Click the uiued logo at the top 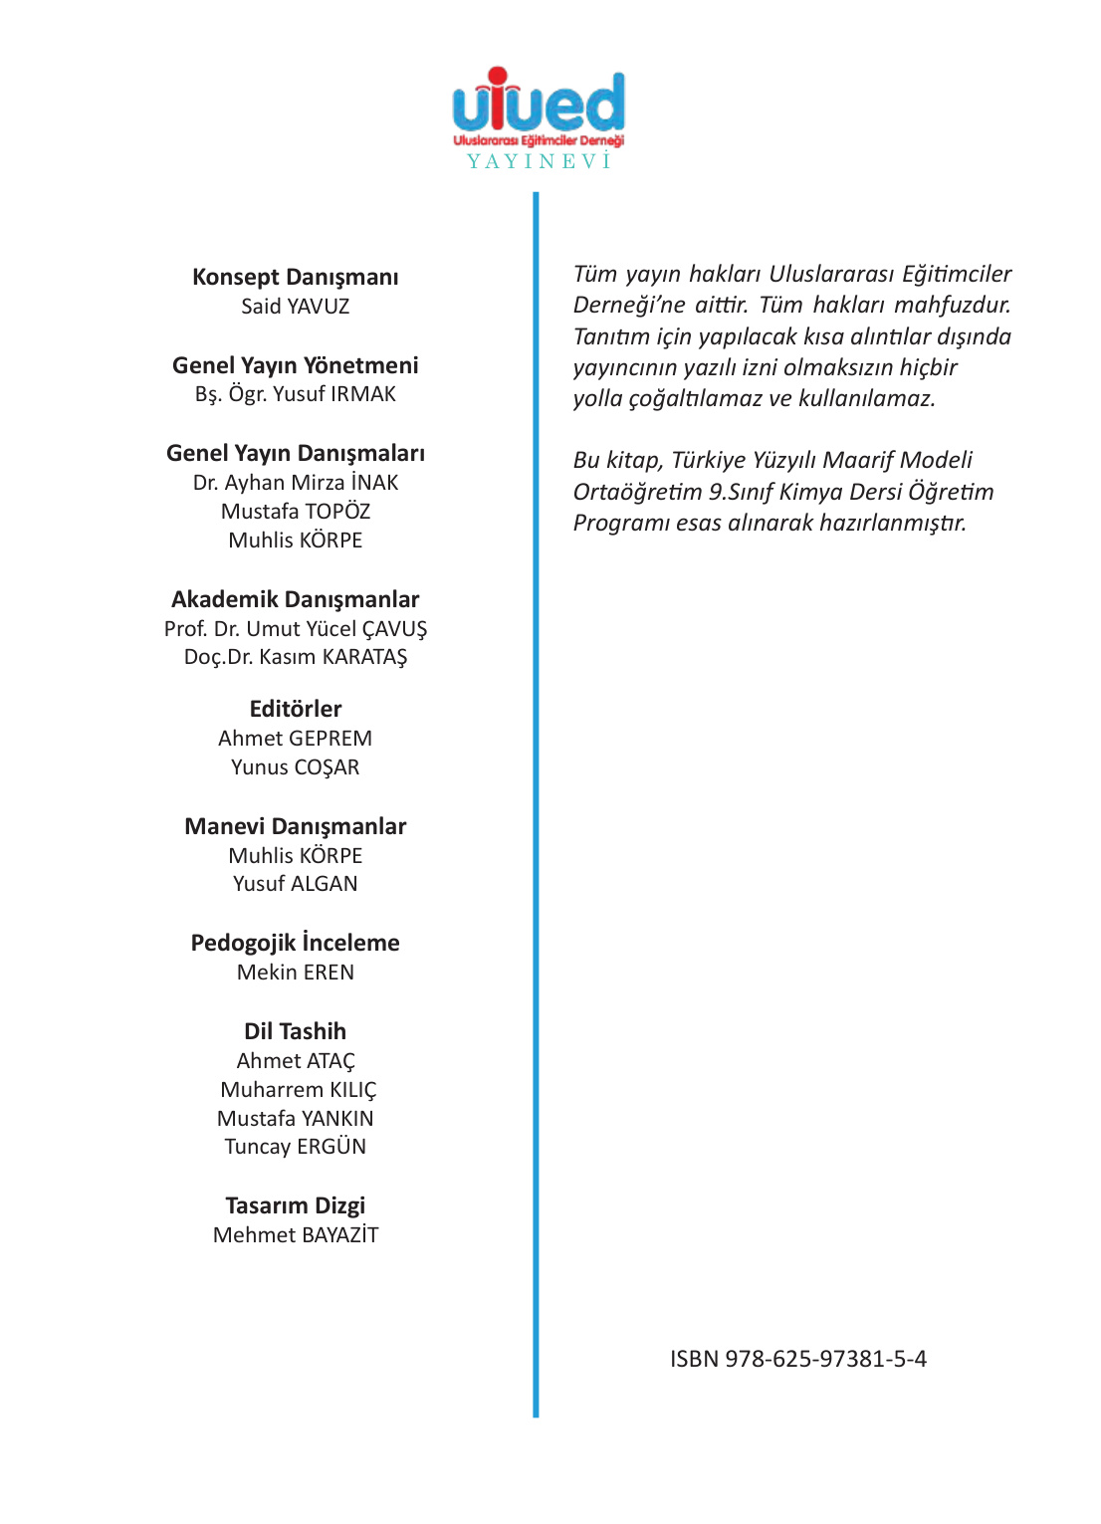click(x=539, y=104)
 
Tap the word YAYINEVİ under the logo click(x=539, y=161)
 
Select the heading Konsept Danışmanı click(x=296, y=277)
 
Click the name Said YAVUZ click(x=296, y=307)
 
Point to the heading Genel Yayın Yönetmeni click(x=296, y=365)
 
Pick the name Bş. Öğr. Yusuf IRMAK click(x=296, y=394)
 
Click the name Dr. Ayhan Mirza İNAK click(x=296, y=483)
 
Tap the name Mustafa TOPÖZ click(x=296, y=512)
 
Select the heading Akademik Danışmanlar click(x=296, y=599)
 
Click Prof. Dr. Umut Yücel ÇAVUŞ click(x=296, y=629)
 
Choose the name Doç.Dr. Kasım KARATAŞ click(x=296, y=657)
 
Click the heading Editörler click(x=296, y=709)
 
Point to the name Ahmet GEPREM click(x=296, y=739)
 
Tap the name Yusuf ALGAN click(x=296, y=884)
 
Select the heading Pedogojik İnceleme click(x=296, y=943)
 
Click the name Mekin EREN click(x=296, y=973)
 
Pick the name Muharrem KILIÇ click(x=299, y=1090)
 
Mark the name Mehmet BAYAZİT click(x=296, y=1235)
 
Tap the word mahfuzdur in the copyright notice click(x=952, y=305)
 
